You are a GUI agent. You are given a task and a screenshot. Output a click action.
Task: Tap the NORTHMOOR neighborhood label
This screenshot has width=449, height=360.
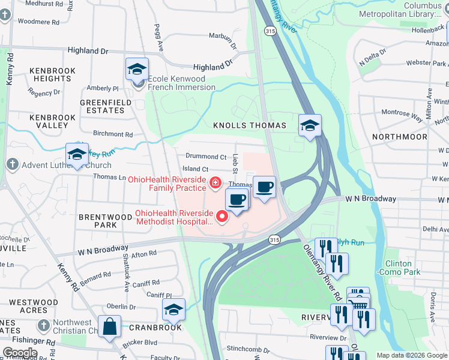(x=399, y=137)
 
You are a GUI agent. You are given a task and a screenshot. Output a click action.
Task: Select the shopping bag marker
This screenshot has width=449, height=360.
(x=110, y=327)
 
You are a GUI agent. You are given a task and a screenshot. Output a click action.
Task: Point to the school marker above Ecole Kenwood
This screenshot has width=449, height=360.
(x=137, y=69)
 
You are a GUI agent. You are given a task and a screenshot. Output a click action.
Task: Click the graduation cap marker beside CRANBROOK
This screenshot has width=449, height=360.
(x=173, y=310)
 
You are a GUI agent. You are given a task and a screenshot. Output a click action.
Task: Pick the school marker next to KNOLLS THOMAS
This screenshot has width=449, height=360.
(x=310, y=126)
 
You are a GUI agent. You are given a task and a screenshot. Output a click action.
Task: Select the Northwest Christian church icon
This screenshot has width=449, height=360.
(x=43, y=325)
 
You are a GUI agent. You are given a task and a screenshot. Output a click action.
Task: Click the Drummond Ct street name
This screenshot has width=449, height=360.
(x=206, y=157)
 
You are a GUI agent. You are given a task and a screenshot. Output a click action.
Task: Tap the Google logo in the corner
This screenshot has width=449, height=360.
(x=20, y=353)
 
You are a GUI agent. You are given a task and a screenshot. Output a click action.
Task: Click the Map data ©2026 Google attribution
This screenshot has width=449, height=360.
(x=412, y=355)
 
